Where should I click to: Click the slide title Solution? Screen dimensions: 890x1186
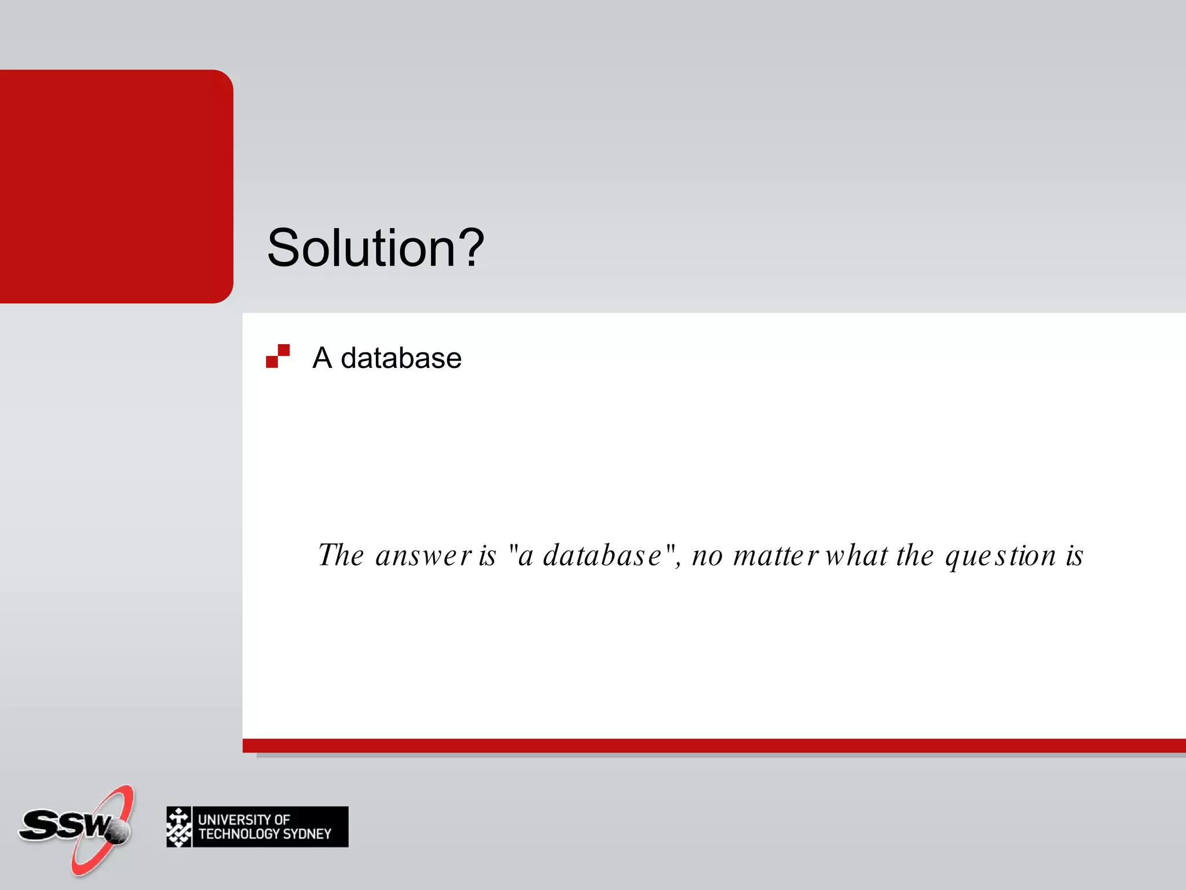pyautogui.click(x=375, y=248)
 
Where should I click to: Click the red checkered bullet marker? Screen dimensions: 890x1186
pyautogui.click(x=277, y=356)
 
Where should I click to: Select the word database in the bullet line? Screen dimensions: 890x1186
pyautogui.click(x=401, y=358)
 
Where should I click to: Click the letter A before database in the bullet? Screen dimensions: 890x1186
pyautogui.click(x=322, y=358)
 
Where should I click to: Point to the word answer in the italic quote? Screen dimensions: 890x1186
pyautogui.click(x=423, y=556)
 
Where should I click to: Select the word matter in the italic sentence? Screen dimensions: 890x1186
pyautogui.click(x=775, y=556)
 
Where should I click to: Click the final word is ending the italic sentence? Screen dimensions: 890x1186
pyautogui.click(x=1074, y=556)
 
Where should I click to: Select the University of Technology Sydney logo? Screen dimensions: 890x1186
pyautogui.click(x=257, y=827)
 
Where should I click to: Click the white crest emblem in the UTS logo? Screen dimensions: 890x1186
pyautogui.click(x=179, y=827)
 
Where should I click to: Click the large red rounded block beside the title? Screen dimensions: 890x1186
pyautogui.click(x=116, y=186)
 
